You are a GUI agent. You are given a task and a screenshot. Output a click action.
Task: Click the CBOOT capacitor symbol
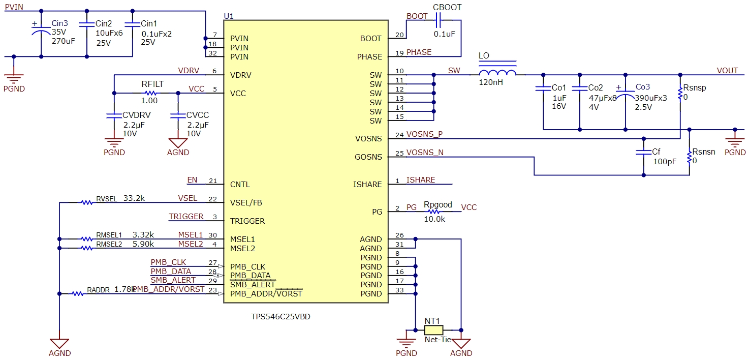[440, 20]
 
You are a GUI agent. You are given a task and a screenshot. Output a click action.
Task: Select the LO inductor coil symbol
[497, 72]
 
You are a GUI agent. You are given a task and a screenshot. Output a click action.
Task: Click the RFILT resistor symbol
[150, 93]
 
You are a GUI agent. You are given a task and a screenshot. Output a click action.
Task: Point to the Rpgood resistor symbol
[433, 212]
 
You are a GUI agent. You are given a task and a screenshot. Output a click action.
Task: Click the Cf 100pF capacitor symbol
[644, 152]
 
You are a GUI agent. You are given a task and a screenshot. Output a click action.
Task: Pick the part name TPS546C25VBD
[281, 317]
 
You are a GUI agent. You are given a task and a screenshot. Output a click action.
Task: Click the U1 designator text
[229, 16]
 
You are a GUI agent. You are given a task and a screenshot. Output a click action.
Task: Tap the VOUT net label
[727, 71]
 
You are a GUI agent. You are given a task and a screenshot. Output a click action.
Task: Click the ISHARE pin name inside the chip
[367, 185]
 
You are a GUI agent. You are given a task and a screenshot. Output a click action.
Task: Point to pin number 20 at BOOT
[399, 35]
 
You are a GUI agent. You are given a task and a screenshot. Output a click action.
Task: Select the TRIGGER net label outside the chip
[186, 217]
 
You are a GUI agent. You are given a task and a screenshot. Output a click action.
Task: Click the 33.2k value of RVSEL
[134, 198]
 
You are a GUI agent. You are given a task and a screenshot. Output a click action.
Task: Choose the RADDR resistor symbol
[78, 293]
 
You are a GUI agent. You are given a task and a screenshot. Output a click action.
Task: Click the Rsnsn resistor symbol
[690, 158]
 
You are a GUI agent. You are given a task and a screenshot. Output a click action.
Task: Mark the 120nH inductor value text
[491, 82]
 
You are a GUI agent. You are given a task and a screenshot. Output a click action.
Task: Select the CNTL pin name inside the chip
[240, 185]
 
